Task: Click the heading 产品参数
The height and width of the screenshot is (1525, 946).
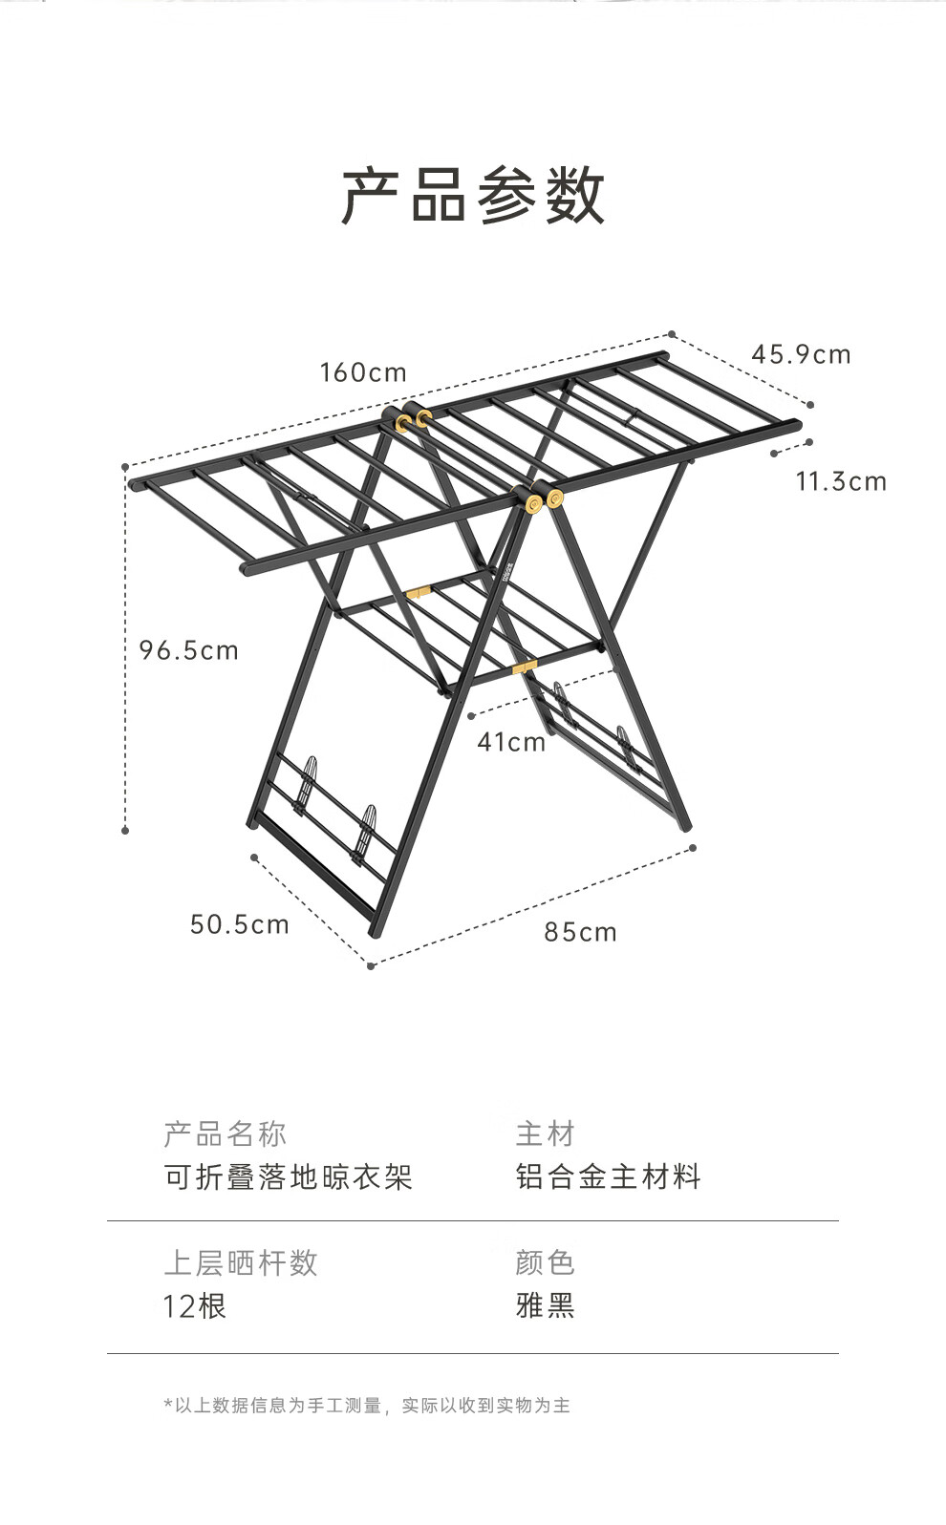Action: click(x=473, y=196)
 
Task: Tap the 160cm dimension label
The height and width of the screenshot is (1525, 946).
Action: click(x=363, y=372)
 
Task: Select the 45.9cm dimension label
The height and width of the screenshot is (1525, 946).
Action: click(x=801, y=355)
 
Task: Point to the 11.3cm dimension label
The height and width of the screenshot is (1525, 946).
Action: click(x=841, y=481)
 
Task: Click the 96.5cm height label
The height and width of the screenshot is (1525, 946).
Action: click(x=188, y=650)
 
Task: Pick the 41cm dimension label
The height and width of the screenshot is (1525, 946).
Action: click(x=511, y=742)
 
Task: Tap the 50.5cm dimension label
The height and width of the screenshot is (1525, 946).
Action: click(x=239, y=924)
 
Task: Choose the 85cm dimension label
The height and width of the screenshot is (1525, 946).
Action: click(x=581, y=932)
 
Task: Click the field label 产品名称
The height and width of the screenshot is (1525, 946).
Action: click(x=226, y=1134)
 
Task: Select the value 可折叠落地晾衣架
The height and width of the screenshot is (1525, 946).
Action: click(x=289, y=1176)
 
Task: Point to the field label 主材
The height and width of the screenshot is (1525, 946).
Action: click(x=545, y=1134)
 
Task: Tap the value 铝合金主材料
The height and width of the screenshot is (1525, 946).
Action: click(x=609, y=1176)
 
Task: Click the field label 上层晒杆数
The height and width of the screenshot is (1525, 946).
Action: click(x=241, y=1263)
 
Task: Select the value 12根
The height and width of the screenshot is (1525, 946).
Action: click(x=195, y=1305)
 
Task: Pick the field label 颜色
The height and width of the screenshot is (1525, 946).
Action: click(x=545, y=1263)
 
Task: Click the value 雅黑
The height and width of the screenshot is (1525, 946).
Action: click(x=545, y=1305)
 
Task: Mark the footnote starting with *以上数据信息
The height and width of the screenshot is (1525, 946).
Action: click(x=367, y=1406)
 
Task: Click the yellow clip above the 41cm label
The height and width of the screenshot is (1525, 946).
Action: click(x=524, y=666)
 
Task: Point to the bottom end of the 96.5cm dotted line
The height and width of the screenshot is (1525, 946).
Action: click(x=125, y=831)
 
